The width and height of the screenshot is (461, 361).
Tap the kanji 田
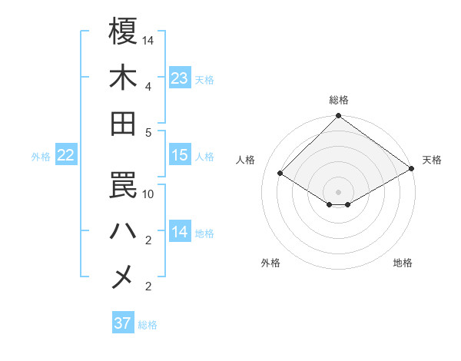pyautogui.click(x=123, y=123)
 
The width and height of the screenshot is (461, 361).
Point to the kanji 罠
pyautogui.click(x=123, y=184)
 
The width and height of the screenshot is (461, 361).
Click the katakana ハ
pyautogui.click(x=123, y=230)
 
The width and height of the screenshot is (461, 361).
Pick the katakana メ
pyautogui.click(x=123, y=277)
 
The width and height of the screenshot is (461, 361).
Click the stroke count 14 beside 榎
pyautogui.click(x=148, y=40)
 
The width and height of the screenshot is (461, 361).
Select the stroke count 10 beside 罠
pyautogui.click(x=148, y=194)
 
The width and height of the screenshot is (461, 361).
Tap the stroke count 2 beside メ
pyautogui.click(x=148, y=286)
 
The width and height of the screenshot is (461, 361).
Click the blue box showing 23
pyautogui.click(x=180, y=78)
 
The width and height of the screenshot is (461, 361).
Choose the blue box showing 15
pyautogui.click(x=180, y=155)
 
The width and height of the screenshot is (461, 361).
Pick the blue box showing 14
pyautogui.click(x=180, y=232)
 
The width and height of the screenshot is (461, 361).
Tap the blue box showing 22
pyautogui.click(x=66, y=156)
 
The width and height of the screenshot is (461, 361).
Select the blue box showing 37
pyautogui.click(x=123, y=323)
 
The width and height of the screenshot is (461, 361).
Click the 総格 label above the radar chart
pyautogui.click(x=339, y=101)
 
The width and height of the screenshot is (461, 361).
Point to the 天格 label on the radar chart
pyautogui.click(x=432, y=160)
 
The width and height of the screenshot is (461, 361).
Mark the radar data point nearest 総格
pyautogui.click(x=338, y=118)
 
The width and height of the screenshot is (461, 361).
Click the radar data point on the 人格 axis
pyautogui.click(x=280, y=174)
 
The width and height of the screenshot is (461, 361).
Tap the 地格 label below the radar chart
pyautogui.click(x=403, y=263)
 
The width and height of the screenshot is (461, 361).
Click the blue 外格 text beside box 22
pyautogui.click(x=41, y=157)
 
